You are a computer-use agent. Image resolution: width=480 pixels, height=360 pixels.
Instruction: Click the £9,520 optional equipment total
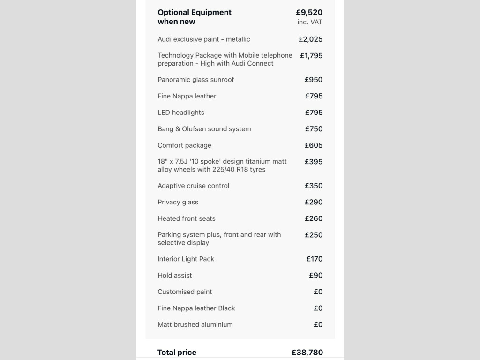tap(309, 12)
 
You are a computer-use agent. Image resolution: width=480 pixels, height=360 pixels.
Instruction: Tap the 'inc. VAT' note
tap(310, 22)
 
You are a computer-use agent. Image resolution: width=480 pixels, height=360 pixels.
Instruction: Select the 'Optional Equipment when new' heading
tap(195, 17)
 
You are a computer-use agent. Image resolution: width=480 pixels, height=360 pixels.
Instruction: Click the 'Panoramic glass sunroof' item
tap(195, 80)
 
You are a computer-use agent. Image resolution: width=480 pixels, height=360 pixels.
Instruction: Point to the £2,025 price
tap(310, 39)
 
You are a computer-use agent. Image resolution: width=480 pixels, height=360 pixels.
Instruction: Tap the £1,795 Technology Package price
tap(311, 56)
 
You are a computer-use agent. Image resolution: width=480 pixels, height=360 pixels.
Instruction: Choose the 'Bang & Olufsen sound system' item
tap(204, 129)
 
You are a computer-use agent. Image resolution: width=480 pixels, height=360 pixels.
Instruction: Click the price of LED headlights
tap(314, 112)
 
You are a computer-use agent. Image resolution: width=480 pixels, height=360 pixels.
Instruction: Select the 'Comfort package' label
tap(184, 145)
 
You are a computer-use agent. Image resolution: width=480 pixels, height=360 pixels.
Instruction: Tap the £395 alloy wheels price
tap(314, 162)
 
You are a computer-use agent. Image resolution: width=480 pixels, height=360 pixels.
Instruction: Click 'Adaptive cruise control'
tap(193, 186)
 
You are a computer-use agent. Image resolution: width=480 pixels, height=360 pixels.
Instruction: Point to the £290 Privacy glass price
tap(314, 202)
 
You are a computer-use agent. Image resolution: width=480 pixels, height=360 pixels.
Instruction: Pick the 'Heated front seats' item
tap(187, 218)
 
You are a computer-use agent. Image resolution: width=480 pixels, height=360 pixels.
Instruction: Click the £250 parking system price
tap(314, 235)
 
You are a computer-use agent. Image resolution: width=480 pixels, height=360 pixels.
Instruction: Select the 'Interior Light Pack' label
tap(186, 259)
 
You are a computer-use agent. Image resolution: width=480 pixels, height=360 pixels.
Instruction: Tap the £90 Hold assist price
tap(315, 275)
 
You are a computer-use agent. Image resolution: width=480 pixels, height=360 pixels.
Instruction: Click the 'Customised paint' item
tap(185, 292)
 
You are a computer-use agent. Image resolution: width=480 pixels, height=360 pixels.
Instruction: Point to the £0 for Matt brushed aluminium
tap(318, 324)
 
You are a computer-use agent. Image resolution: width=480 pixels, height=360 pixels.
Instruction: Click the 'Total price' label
tap(177, 352)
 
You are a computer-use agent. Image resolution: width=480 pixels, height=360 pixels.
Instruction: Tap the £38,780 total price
tap(307, 352)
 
